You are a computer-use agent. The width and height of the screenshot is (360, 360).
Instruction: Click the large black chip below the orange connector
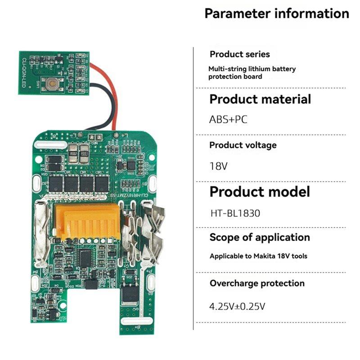[86, 257]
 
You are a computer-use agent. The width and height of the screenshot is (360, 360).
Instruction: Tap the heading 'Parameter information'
[277, 13]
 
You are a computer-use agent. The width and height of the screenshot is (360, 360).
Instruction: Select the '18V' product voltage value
[219, 166]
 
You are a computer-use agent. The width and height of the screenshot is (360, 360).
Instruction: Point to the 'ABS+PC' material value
[228, 119]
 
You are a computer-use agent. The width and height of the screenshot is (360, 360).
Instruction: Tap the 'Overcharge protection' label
[257, 283]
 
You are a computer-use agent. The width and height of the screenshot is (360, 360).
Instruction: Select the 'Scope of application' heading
[260, 237]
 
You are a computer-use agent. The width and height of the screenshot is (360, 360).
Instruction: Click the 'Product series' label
[240, 54]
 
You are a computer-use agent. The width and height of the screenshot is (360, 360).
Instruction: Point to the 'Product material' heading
[260, 99]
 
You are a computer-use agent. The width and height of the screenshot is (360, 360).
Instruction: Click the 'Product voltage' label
[243, 145]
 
